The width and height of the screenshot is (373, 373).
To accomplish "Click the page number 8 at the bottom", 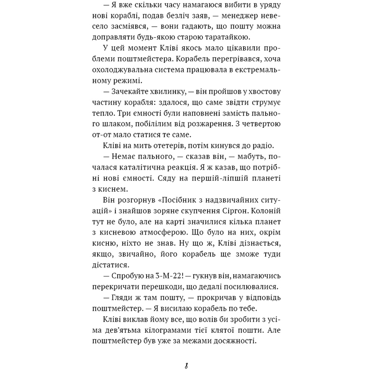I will pyautogui.click(x=186, y=365).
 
